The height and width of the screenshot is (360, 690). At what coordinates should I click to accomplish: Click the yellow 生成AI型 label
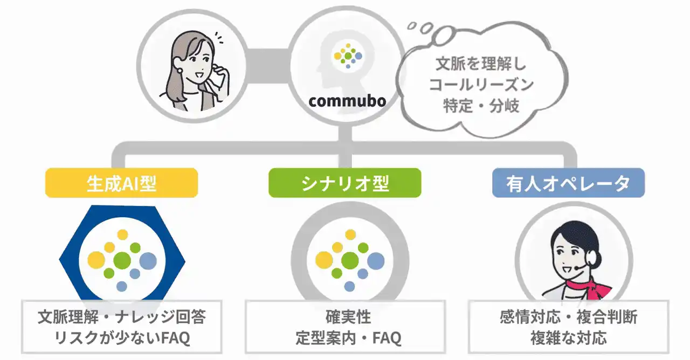click(121, 183)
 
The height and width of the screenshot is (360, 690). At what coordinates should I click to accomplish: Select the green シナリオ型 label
click(344, 183)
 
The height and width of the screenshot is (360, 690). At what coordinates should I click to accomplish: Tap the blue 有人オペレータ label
click(568, 183)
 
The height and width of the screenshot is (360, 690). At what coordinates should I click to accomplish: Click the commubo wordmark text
click(347, 101)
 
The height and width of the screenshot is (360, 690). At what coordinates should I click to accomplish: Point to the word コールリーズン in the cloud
click(481, 85)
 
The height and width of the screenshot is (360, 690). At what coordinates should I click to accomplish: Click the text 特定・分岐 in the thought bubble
click(481, 106)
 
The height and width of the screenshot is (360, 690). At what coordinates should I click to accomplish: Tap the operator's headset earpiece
click(590, 259)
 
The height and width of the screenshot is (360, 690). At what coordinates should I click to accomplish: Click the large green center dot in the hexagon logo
click(122, 260)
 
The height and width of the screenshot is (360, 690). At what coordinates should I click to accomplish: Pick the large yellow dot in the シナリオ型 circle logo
click(324, 260)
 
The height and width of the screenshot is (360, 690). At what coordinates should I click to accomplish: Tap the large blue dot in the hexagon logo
click(148, 261)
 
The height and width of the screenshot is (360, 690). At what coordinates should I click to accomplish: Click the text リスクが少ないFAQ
click(122, 338)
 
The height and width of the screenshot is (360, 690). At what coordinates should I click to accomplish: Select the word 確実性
click(348, 317)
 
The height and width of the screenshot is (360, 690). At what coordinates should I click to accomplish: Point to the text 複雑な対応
click(568, 338)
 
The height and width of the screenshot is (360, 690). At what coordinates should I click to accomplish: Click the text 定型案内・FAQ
click(348, 338)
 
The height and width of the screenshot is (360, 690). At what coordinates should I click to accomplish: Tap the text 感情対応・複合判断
click(568, 317)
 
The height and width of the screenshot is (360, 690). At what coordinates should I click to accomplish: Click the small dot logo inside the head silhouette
click(348, 56)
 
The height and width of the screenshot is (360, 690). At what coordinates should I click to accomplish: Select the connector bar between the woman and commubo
click(267, 66)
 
